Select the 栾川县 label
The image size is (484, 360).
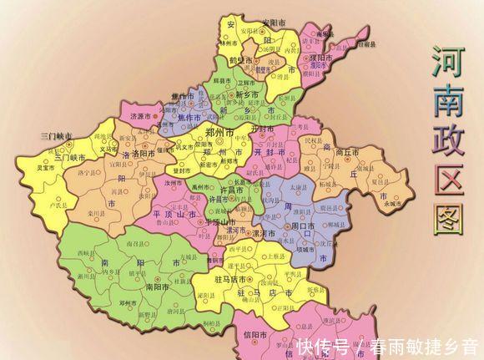tap(93, 213)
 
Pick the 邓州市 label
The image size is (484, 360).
tap(127, 302)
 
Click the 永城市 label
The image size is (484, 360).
tap(391, 203)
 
